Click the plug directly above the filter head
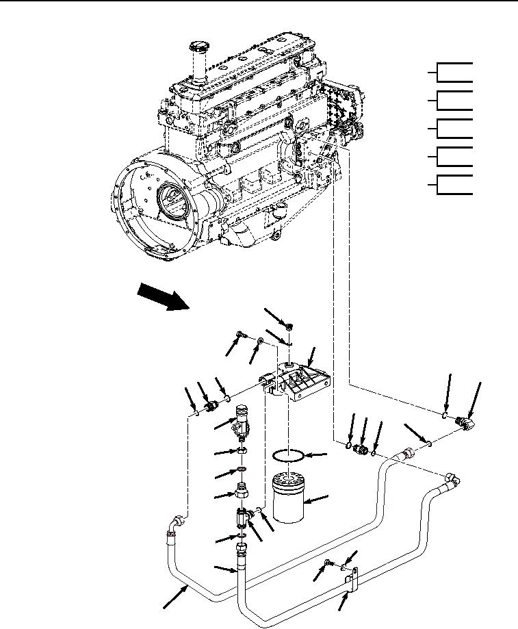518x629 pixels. [x=292, y=325]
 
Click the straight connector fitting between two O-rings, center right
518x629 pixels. [x=362, y=449]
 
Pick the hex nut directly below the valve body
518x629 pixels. [x=243, y=452]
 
